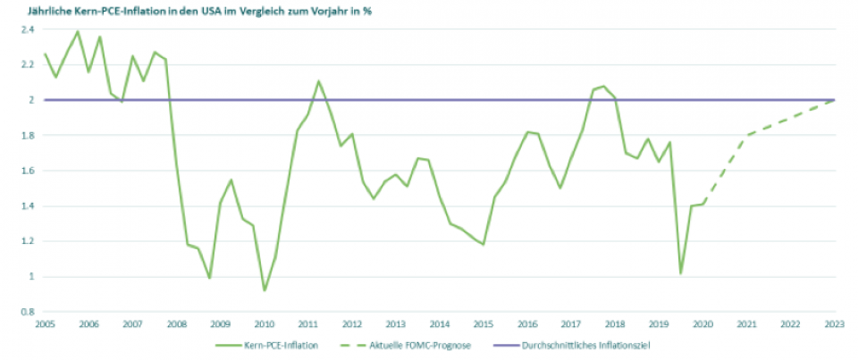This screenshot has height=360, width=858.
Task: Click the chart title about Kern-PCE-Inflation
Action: pyautogui.click(x=198, y=12)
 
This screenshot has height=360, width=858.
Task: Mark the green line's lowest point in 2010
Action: pyautogui.click(x=265, y=290)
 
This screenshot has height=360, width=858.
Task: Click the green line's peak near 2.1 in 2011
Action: pyautogui.click(x=318, y=81)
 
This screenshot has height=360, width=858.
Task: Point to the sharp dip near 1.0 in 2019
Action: pyautogui.click(x=681, y=272)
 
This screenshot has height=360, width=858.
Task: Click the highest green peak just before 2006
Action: pyautogui.click(x=77, y=32)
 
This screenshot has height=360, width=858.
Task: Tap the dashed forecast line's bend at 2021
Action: pyautogui.click(x=747, y=135)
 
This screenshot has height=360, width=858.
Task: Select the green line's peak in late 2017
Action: pyautogui.click(x=604, y=86)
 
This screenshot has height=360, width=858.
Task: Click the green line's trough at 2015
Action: pyautogui.click(x=484, y=244)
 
